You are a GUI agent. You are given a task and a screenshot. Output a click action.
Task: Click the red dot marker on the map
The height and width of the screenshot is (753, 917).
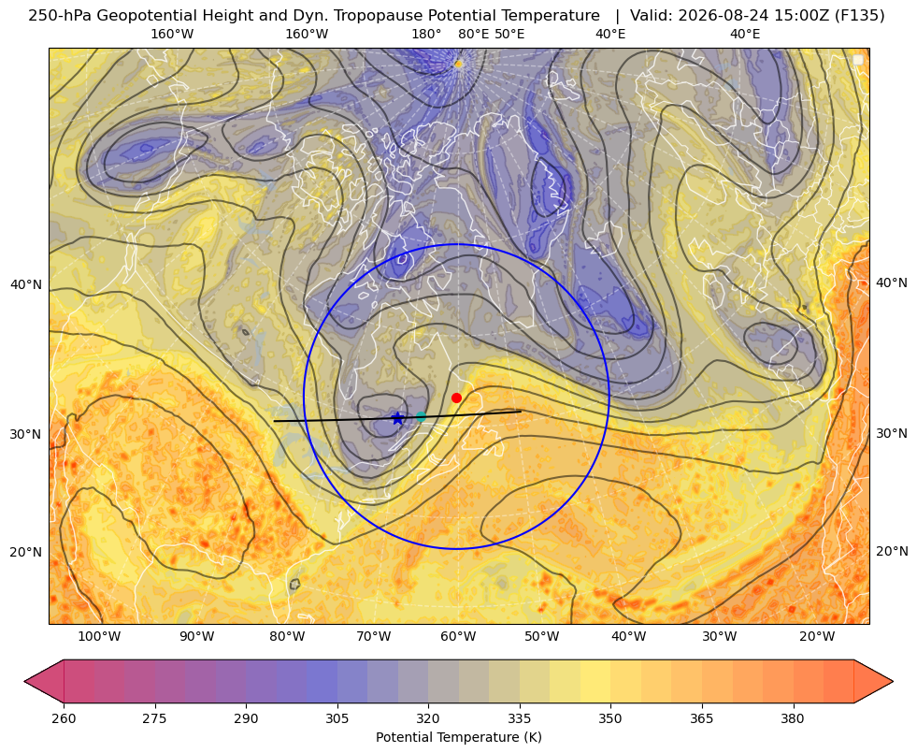457,398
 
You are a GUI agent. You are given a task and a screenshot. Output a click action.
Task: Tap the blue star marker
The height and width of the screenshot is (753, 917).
397,418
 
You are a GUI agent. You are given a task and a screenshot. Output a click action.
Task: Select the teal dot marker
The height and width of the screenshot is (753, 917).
421,417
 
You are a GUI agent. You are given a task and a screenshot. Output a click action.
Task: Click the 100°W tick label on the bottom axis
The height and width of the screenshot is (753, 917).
99,637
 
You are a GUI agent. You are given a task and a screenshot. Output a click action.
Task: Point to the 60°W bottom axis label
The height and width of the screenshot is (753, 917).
458,637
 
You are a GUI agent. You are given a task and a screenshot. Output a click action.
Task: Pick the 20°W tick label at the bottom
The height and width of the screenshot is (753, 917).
817,637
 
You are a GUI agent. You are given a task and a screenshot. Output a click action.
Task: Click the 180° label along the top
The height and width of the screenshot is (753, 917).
426,34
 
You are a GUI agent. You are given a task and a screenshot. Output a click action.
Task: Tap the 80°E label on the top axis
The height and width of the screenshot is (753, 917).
473,34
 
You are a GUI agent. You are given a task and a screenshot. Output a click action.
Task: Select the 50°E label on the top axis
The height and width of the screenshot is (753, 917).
509,34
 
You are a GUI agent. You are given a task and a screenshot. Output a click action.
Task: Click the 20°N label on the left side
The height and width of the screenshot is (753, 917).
26,552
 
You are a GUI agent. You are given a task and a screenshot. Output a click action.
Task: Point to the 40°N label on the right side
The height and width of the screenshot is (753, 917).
892,283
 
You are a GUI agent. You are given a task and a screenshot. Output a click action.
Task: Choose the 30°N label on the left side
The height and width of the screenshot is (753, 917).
26,435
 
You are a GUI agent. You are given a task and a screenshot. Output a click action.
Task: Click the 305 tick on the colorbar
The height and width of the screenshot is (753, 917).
337,718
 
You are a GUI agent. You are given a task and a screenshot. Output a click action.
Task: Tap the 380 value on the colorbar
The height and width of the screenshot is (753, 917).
793,718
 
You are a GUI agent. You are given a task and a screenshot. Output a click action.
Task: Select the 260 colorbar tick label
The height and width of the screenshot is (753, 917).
64,718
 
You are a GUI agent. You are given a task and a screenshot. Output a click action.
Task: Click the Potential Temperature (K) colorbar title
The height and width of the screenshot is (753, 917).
458,737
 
